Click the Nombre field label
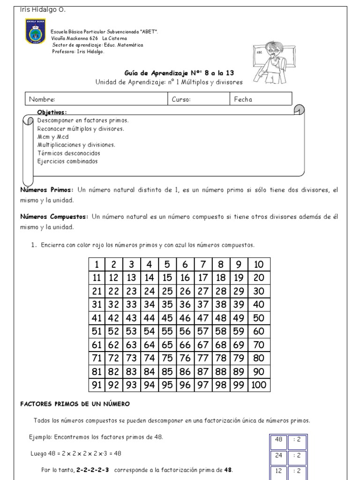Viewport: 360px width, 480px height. [42, 99]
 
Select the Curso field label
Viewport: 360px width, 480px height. [181, 99]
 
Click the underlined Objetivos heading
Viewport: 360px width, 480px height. [52, 112]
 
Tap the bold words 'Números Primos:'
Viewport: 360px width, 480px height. [46, 190]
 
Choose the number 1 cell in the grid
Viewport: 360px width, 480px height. [96, 264]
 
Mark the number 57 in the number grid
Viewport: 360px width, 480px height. [202, 331]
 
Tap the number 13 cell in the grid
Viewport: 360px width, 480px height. [131, 277]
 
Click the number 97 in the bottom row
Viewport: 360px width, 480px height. [202, 385]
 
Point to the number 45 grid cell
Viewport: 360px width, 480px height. [167, 318]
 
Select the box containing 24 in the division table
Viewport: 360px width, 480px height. [278, 455]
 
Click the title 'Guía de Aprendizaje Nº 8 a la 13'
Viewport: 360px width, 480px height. [179, 73]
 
